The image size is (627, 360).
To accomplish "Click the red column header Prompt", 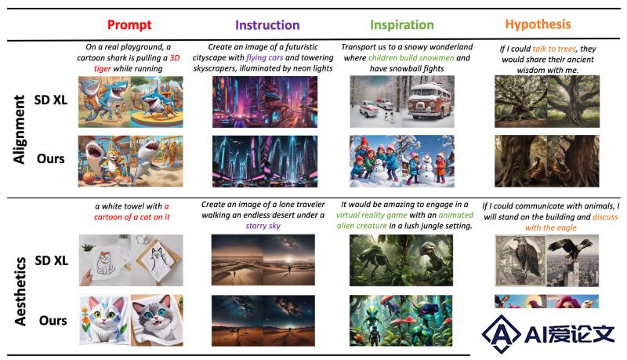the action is [x=129, y=25].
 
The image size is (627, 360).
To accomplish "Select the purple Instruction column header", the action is [x=267, y=25].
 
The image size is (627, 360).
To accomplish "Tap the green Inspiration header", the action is [x=402, y=25].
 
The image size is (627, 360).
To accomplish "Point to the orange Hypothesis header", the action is [x=538, y=24].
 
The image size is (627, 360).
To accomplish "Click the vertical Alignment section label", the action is [x=19, y=129].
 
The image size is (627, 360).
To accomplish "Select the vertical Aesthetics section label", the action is [x=20, y=291].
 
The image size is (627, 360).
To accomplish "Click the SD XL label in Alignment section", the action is [x=50, y=100].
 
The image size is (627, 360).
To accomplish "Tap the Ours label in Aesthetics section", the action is [x=53, y=320].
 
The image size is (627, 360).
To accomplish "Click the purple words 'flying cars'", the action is [x=264, y=57].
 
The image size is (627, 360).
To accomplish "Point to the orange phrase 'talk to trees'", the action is [x=554, y=49].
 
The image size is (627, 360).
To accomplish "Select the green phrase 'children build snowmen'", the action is [x=411, y=57].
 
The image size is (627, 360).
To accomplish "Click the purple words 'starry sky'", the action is [x=263, y=226].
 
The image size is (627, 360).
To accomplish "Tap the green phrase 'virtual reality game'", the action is [x=371, y=215].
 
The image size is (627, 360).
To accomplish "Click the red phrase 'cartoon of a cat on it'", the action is [x=132, y=216].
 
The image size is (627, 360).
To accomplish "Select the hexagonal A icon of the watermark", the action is [x=502, y=333].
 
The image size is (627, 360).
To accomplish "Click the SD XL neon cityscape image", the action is [x=265, y=102].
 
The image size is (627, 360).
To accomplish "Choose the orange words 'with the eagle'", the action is [x=551, y=227].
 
